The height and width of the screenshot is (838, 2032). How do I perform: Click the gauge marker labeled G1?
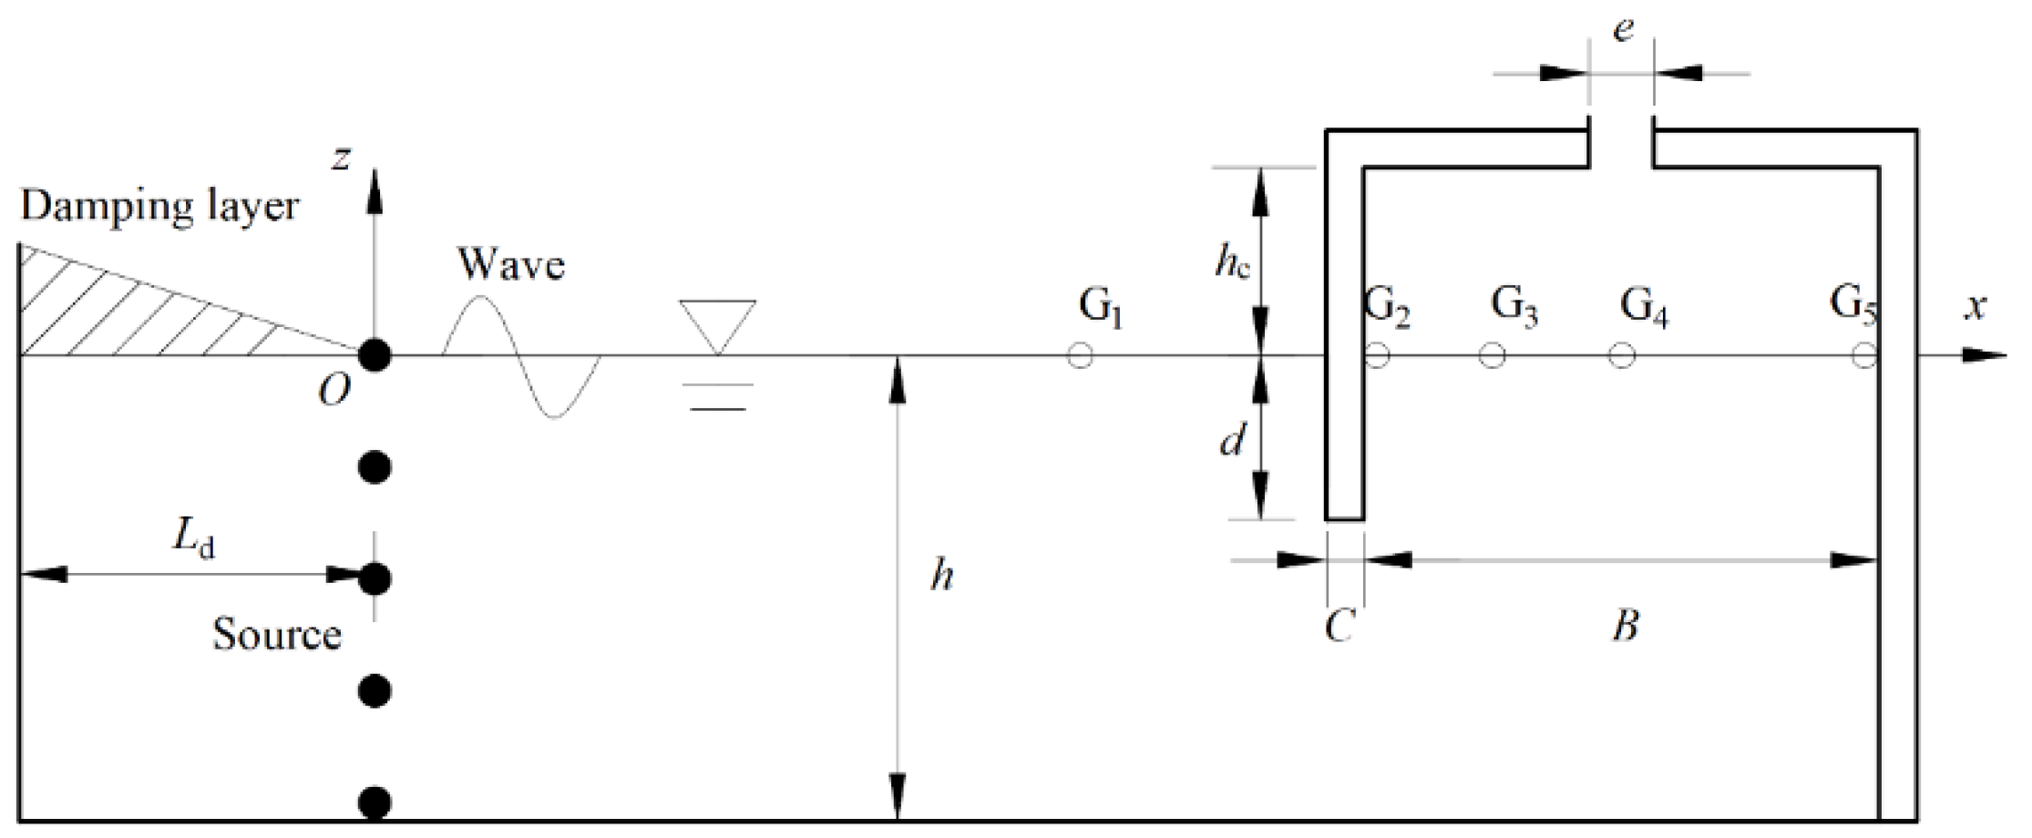1080,355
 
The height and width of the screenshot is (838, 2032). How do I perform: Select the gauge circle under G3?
1491,355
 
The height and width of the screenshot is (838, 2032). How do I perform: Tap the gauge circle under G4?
1620,355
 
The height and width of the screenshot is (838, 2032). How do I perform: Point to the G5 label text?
1853,305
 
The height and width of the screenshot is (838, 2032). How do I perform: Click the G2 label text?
1388,308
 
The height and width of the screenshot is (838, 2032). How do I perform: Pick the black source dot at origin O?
375,355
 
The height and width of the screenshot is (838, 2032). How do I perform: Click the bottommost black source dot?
375,803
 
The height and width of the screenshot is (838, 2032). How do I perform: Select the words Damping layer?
159,207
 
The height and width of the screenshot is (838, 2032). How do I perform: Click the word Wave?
511,265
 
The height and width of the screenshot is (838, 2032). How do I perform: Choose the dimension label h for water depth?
941,576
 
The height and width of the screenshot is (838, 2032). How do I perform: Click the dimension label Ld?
195,542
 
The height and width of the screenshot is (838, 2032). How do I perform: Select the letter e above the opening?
1623,30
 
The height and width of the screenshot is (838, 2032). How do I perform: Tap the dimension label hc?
1232,263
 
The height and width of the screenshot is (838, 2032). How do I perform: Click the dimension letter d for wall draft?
1232,442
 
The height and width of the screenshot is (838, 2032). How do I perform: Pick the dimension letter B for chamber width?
1626,626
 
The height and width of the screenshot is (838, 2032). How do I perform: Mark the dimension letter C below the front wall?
1339,626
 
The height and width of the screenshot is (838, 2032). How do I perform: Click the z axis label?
341,158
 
